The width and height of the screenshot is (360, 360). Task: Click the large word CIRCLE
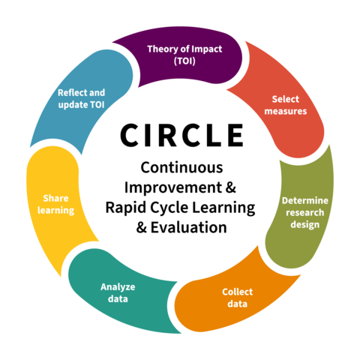click(x=181, y=135)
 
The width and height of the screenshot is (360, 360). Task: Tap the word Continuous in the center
click(x=181, y=167)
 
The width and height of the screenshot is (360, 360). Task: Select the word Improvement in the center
click(x=173, y=187)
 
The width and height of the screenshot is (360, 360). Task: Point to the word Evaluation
click(x=189, y=227)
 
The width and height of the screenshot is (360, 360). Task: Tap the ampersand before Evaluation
click(x=142, y=227)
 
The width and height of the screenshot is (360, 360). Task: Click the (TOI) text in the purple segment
click(x=184, y=61)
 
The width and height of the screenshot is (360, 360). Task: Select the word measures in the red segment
click(x=286, y=111)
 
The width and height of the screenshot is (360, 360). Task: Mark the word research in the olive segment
click(x=305, y=212)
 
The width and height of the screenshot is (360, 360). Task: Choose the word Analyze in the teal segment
click(x=118, y=287)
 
